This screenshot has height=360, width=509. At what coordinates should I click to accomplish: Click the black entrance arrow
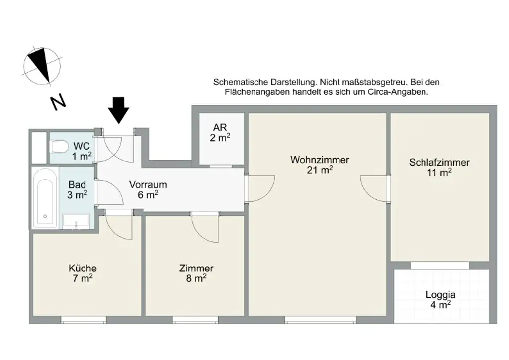click(x=119, y=110)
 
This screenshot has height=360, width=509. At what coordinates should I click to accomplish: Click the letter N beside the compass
click(x=58, y=102)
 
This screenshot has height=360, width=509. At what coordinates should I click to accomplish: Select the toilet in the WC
click(x=60, y=147)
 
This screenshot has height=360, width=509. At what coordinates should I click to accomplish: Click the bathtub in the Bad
click(x=45, y=197)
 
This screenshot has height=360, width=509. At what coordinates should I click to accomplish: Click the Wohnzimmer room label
click(x=320, y=160)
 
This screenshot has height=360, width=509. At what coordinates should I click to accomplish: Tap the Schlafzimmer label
click(x=439, y=163)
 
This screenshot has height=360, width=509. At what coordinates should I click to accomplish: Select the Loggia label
click(x=440, y=294)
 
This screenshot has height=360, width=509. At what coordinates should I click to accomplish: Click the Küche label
click(x=83, y=268)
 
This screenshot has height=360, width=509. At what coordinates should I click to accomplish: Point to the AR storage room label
click(x=220, y=127)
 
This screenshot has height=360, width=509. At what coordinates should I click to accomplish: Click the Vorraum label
click(x=148, y=184)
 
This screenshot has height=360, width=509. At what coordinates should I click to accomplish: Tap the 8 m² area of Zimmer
click(x=196, y=279)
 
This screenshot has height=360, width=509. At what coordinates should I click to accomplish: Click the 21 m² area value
click(x=320, y=170)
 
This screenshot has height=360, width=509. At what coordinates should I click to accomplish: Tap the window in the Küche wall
click(x=84, y=319)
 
